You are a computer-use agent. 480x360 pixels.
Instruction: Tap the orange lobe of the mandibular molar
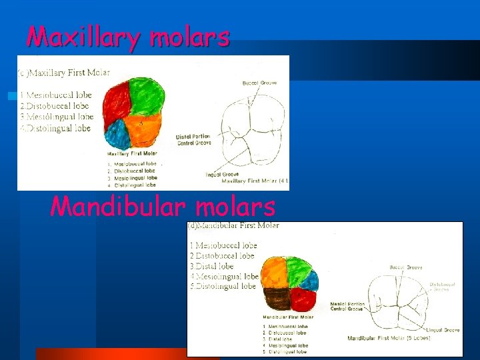click(x=275, y=272)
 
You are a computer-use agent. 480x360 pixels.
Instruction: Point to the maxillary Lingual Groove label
click(x=222, y=175)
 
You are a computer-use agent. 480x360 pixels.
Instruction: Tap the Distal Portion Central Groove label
click(x=193, y=139)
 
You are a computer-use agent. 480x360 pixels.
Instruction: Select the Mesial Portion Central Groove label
click(x=347, y=306)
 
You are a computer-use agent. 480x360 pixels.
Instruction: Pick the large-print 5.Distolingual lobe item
click(x=222, y=286)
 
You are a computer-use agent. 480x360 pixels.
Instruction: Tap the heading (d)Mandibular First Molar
click(x=233, y=225)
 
